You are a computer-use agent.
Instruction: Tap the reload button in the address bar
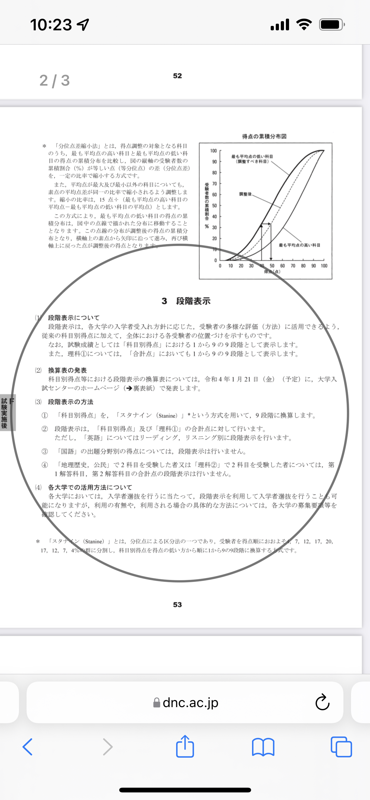click(x=322, y=702)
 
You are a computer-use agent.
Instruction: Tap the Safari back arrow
click(x=28, y=747)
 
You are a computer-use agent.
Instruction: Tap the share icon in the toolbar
click(x=185, y=746)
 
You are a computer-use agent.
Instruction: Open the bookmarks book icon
click(x=263, y=747)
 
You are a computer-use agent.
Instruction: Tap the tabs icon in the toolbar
click(x=341, y=747)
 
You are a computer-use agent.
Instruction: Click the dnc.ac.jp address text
click(x=190, y=702)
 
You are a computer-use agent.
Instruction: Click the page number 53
click(x=177, y=604)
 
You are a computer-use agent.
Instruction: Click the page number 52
click(x=177, y=76)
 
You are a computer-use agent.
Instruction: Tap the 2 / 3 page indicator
click(x=54, y=81)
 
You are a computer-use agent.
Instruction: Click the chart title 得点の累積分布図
click(x=264, y=136)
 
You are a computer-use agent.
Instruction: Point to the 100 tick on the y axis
click(x=213, y=151)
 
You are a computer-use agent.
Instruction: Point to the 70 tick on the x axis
click(x=293, y=266)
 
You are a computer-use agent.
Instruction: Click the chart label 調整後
click(x=245, y=194)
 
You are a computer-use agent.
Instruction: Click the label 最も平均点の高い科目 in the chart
click(x=299, y=245)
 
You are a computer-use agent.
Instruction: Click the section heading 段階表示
click(x=193, y=301)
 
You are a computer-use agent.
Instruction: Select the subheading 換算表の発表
click(x=67, y=370)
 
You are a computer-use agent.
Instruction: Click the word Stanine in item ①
click(x=168, y=416)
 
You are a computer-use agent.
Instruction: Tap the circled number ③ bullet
click(x=45, y=451)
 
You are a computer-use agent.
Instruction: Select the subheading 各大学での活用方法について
click(x=90, y=487)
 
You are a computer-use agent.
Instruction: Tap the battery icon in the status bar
click(x=331, y=25)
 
